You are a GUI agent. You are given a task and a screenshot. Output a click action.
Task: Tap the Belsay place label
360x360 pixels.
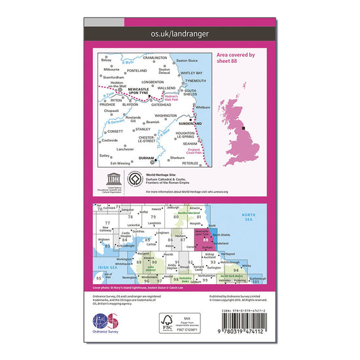pos(106,60)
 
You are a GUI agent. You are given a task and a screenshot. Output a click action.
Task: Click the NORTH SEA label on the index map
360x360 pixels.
pos(249,217)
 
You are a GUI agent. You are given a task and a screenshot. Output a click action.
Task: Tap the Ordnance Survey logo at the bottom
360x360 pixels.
pos(109,325)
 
